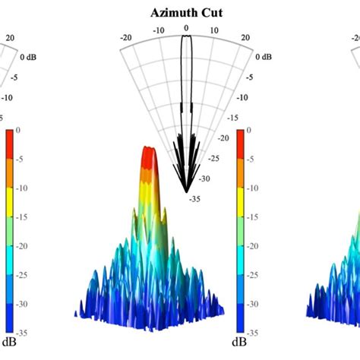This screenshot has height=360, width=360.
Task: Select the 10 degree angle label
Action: (215, 31)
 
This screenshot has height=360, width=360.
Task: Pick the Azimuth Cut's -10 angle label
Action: (158, 31)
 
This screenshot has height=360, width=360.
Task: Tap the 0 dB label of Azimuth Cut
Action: (265, 57)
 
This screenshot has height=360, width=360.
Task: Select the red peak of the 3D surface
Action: (150, 152)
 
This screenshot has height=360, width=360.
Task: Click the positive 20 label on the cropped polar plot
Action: (10, 36)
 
